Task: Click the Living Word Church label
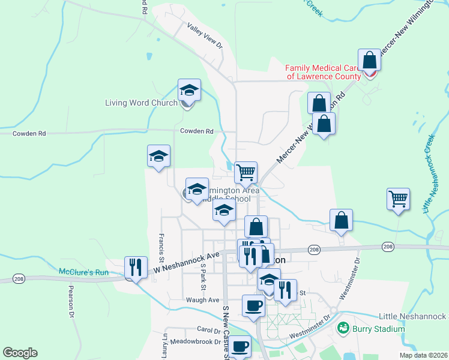141,103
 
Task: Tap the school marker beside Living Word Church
189,91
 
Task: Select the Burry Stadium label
378,328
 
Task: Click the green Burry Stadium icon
343,328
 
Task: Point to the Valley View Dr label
205,37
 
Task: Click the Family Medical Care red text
323,72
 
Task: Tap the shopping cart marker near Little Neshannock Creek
399,200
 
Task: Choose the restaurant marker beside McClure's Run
136,268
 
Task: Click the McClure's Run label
83,272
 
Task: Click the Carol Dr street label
209,329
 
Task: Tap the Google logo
20,353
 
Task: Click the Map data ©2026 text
424,355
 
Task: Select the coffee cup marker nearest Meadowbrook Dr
241,347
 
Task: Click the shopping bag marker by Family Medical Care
369,61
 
